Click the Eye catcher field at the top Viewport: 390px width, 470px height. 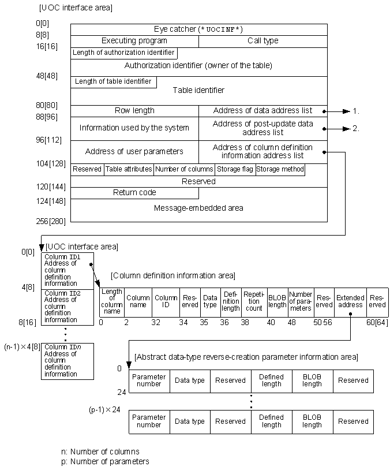(x=198, y=29)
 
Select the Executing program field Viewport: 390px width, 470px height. (x=134, y=41)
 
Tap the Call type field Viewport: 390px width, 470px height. (x=263, y=41)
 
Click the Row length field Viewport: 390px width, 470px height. (x=134, y=110)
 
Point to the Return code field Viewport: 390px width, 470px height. (x=134, y=192)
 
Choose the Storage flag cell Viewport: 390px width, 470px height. (x=235, y=169)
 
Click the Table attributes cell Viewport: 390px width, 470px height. (x=129, y=169)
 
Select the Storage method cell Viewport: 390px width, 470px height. (x=280, y=169)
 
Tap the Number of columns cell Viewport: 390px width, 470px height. (x=184, y=169)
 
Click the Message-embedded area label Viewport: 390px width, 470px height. (x=198, y=208)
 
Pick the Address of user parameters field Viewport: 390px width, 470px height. (x=134, y=151)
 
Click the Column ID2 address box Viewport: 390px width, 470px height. (x=67, y=307)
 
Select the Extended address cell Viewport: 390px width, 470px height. (x=350, y=301)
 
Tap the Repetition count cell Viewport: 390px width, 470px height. (x=254, y=301)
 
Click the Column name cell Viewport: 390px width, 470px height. (x=138, y=301)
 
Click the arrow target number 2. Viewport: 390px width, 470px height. (x=356, y=129)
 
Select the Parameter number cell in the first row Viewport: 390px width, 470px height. (x=149, y=381)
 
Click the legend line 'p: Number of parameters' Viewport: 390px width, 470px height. (x=104, y=461)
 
